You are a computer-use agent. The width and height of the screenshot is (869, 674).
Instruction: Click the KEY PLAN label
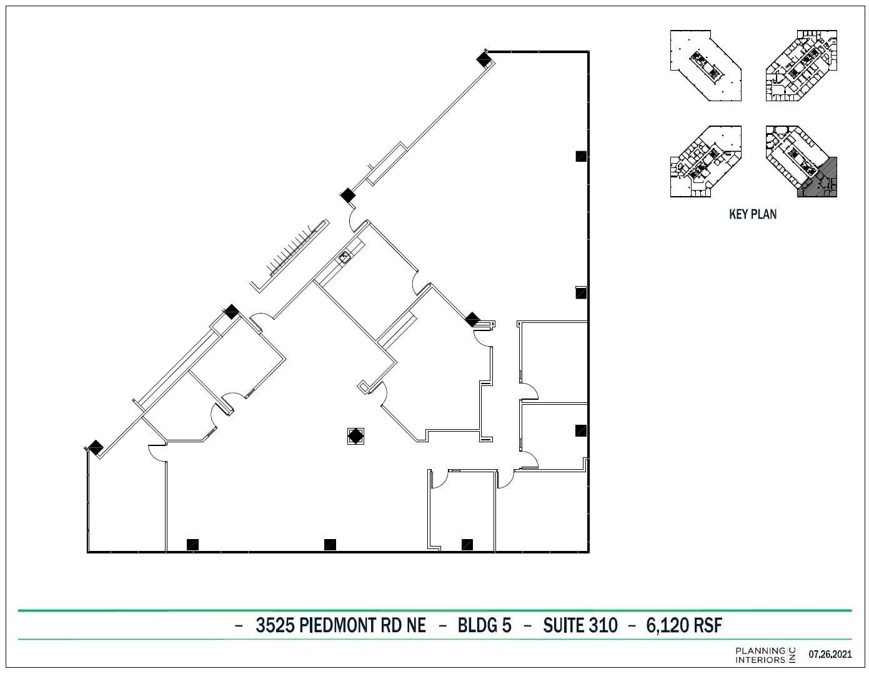752,214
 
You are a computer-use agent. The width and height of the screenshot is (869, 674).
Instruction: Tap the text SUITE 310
580,625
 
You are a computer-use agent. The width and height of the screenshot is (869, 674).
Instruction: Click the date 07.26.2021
830,655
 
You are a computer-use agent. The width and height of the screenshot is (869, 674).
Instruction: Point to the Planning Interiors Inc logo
765,655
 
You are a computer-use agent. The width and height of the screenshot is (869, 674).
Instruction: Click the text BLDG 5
484,625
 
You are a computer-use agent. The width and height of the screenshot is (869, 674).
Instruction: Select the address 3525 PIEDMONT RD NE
340,625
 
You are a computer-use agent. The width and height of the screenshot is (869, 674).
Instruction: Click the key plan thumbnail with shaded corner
801,161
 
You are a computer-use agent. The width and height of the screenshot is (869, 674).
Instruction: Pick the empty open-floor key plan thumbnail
705,66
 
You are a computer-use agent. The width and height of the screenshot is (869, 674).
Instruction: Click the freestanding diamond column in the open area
355,435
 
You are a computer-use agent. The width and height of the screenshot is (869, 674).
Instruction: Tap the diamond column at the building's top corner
483,59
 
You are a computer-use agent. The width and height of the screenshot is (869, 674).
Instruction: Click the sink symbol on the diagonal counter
344,255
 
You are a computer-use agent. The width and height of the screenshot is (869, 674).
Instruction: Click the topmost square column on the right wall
580,156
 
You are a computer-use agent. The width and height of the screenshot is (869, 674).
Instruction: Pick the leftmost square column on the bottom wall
192,545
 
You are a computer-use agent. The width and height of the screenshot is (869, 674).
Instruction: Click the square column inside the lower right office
580,430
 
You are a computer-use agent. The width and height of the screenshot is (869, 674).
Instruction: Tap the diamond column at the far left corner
95,447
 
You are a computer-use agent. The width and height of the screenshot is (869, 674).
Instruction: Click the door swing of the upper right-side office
530,392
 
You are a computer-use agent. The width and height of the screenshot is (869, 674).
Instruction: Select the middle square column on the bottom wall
330,545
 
